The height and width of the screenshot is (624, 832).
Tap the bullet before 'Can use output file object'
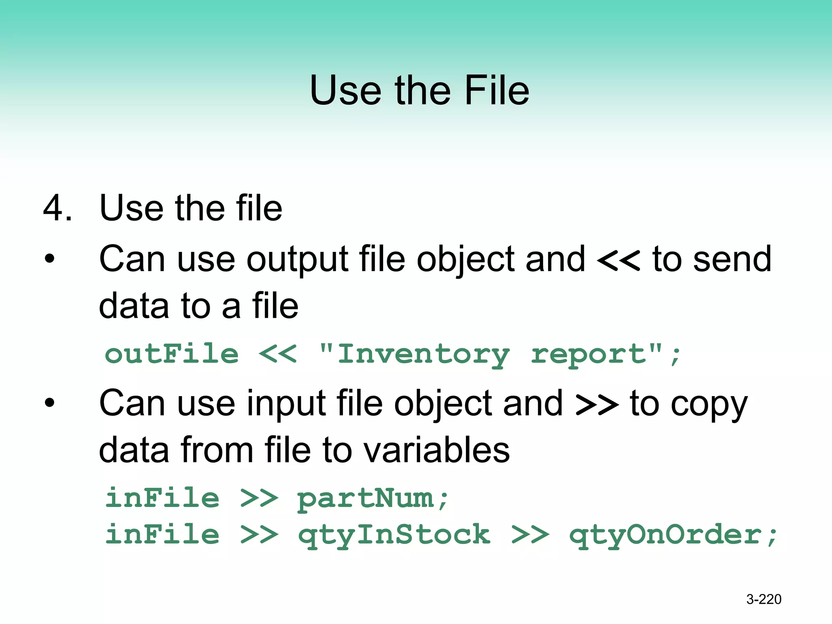click(50, 258)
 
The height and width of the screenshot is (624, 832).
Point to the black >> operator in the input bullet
click(597, 405)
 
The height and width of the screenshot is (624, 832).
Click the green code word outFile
click(171, 353)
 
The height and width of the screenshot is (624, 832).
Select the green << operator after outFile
click(278, 354)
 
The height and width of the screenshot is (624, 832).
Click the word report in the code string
click(588, 355)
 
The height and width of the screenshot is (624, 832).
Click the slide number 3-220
click(764, 599)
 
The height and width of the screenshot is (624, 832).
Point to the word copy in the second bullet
click(708, 405)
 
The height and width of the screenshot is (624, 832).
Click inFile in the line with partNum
click(162, 498)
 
